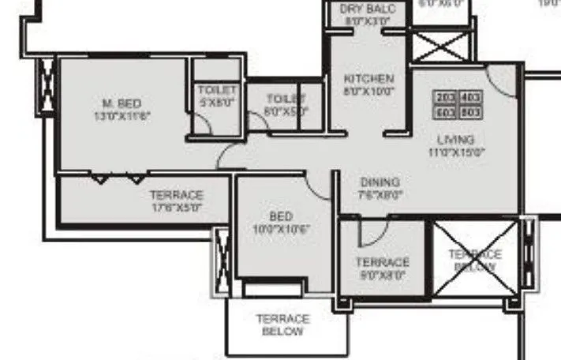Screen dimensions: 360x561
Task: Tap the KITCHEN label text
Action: click(368, 79)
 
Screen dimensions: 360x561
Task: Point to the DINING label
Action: click(380, 182)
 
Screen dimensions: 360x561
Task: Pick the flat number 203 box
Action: click(445, 98)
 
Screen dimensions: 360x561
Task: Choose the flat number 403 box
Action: click(470, 98)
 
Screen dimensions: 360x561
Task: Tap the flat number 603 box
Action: click(445, 112)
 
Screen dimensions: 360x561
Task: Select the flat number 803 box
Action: click(470, 112)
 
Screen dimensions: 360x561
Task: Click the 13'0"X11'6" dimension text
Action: click(122, 115)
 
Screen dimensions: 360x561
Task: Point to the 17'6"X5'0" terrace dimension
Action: click(177, 208)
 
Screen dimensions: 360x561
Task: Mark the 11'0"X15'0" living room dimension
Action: click(456, 152)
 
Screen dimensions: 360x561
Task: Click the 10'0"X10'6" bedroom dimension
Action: click(281, 229)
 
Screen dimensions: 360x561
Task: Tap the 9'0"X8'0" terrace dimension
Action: click(382, 276)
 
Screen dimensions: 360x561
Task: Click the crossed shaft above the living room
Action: click(443, 45)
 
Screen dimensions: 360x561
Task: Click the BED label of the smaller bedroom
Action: click(281, 216)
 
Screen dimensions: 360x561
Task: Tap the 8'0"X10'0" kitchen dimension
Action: click(368, 92)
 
